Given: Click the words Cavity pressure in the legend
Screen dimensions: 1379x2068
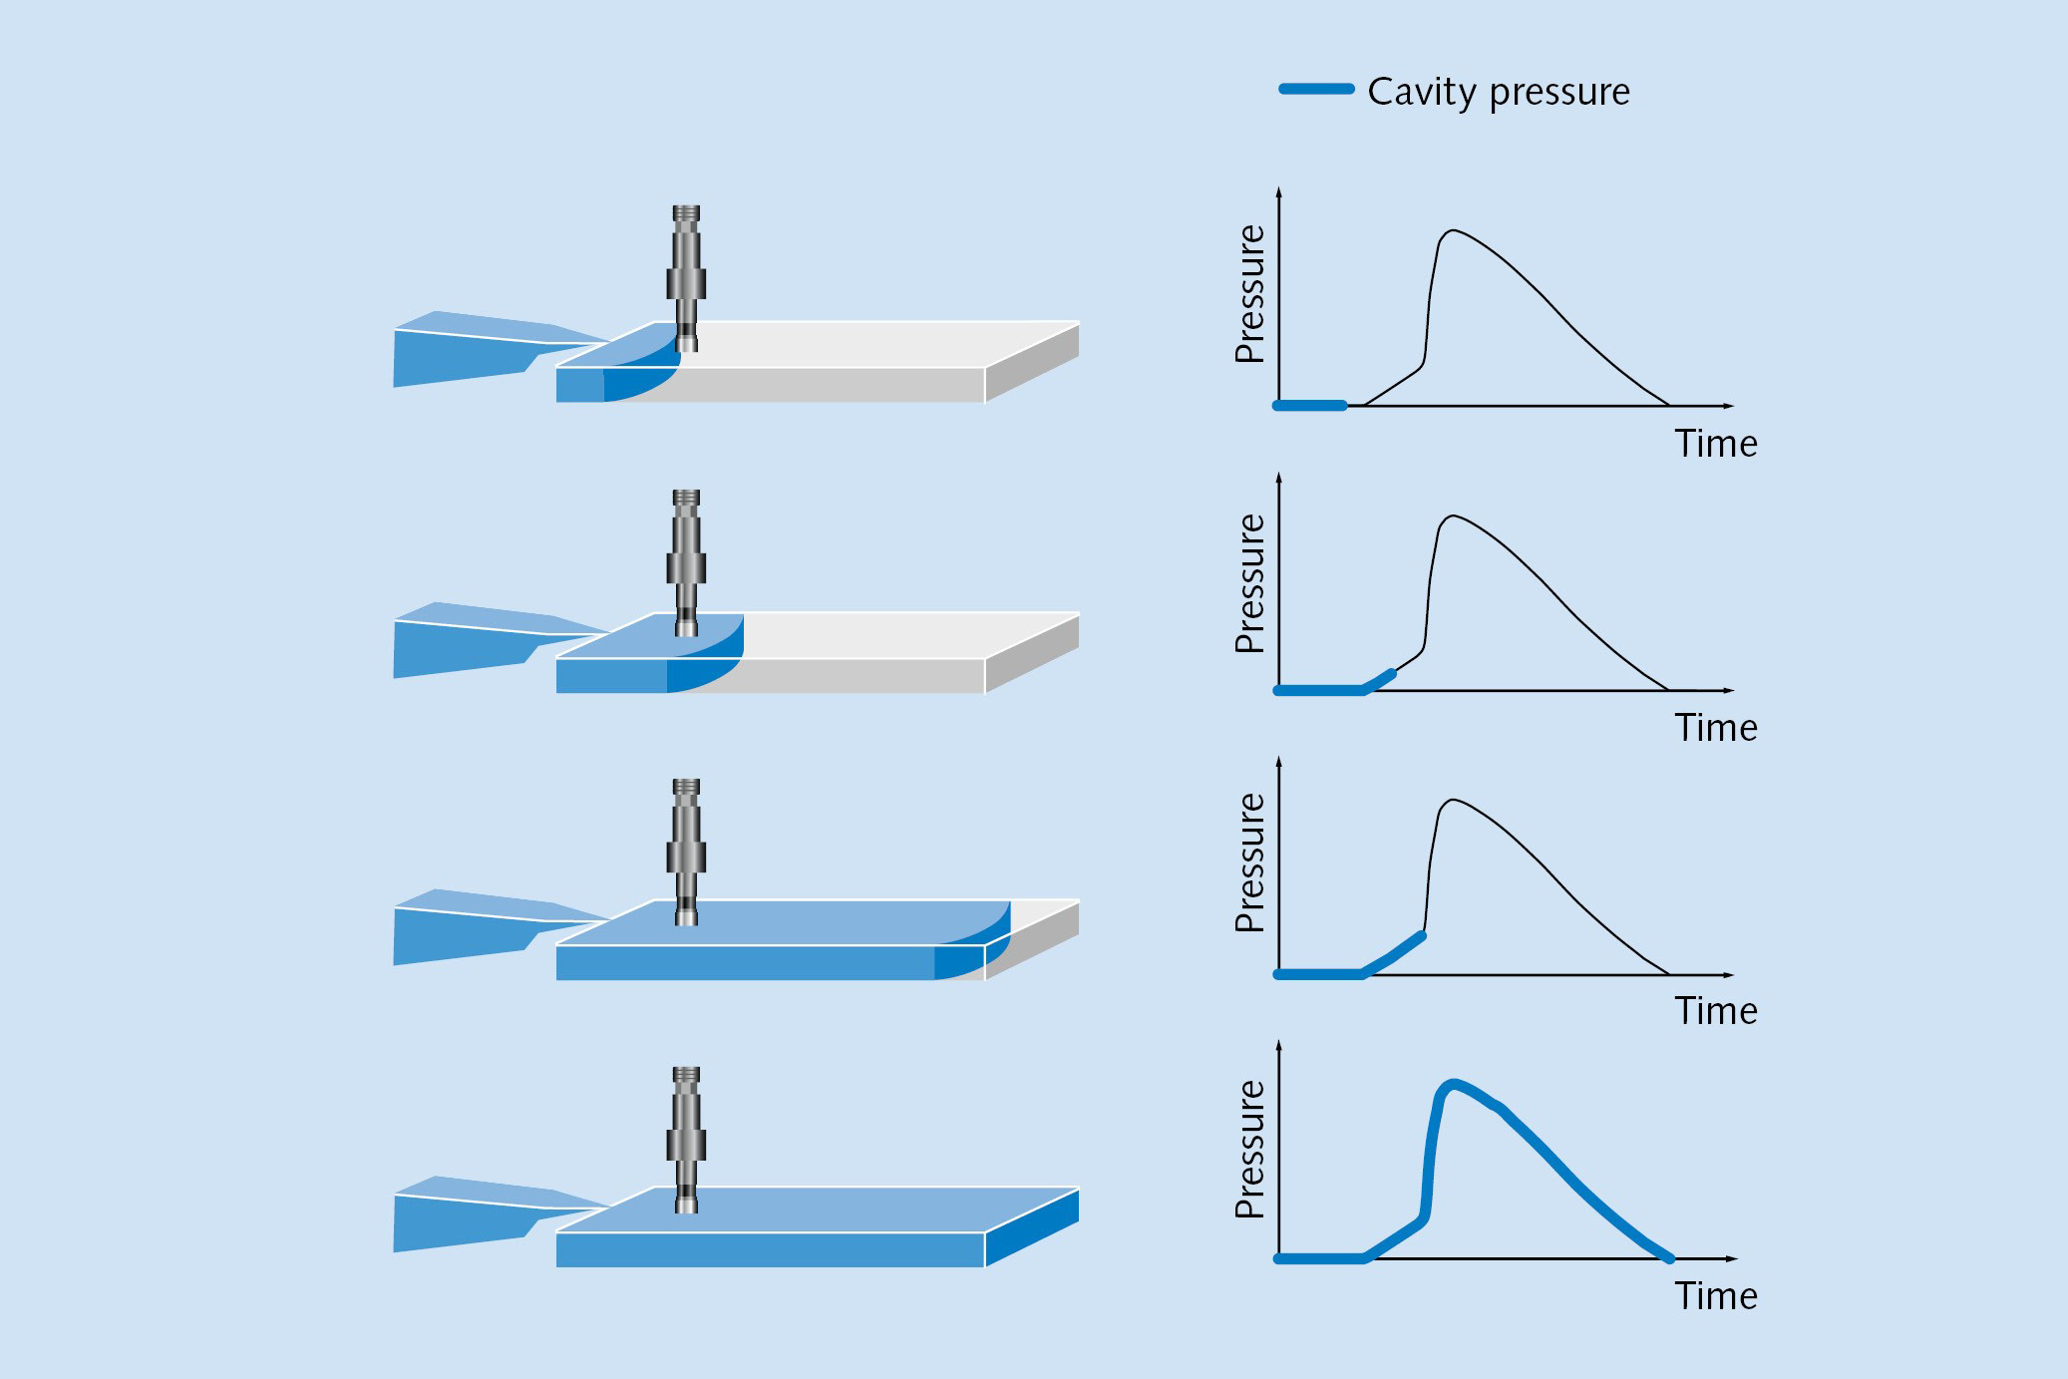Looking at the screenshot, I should click(x=1498, y=92).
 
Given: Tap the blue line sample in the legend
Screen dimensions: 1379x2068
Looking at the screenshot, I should click(x=1316, y=90).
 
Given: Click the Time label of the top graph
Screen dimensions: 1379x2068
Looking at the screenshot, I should click(x=1715, y=444).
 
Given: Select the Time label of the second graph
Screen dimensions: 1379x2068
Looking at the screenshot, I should click(x=1715, y=728).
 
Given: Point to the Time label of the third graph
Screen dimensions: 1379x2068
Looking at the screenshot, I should click(x=1715, y=1011).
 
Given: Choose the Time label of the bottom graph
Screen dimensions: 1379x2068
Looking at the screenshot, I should click(x=1715, y=1296).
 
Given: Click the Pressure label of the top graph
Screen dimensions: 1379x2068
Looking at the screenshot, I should click(x=1249, y=294).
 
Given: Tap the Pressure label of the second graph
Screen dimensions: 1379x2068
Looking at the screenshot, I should click(x=1249, y=583).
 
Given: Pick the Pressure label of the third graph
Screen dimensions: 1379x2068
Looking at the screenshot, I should click(x=1249, y=862).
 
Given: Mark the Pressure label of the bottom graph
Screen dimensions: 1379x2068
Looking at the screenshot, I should click(x=1249, y=1149).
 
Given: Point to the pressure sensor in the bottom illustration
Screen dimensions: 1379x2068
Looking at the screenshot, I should click(x=686, y=1137).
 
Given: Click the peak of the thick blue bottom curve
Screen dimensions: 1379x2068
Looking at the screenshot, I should click(x=1454, y=1083).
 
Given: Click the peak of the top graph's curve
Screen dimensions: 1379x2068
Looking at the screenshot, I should click(x=1454, y=231).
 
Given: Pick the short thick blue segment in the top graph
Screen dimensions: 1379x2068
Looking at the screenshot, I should click(x=1310, y=406).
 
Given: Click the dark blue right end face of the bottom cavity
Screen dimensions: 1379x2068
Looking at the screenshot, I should click(x=1032, y=1228).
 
